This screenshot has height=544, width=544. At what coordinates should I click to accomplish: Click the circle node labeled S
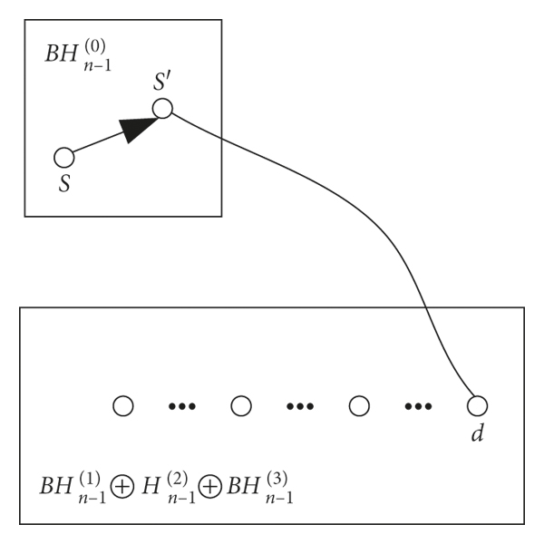[63, 158]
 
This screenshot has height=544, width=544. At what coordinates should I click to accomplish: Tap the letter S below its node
[63, 181]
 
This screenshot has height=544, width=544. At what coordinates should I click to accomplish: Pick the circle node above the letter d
[477, 405]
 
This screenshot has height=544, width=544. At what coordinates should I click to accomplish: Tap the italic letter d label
[477, 433]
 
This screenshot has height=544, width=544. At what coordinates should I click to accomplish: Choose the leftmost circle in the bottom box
[123, 405]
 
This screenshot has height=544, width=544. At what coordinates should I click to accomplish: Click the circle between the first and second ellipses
[240, 405]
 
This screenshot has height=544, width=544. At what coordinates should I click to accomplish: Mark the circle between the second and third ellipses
[359, 405]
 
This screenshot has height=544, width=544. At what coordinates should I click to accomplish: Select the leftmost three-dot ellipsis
[182, 406]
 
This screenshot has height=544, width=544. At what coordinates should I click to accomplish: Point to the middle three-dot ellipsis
[300, 406]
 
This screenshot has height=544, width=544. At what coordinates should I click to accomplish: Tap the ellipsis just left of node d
[418, 406]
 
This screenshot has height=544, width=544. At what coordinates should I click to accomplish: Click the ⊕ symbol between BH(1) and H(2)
[120, 487]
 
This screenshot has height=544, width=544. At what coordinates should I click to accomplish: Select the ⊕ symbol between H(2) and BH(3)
[209, 487]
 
